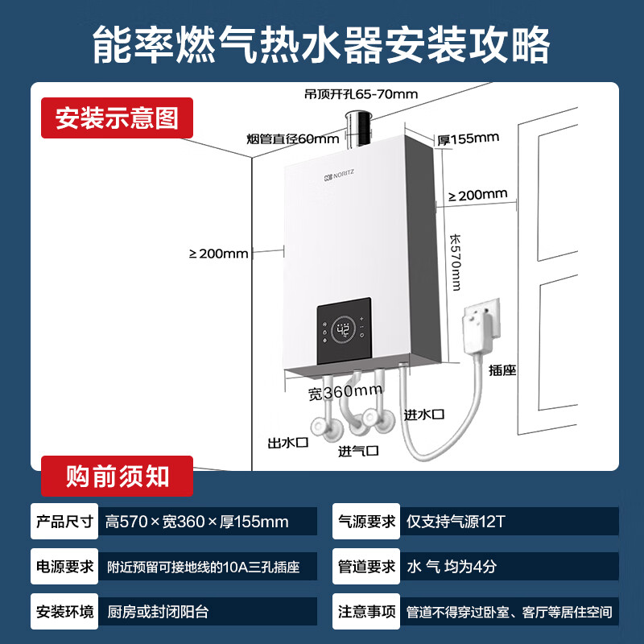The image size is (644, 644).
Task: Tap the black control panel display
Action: click(x=345, y=331)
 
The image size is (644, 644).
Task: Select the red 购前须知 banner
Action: click(x=118, y=476)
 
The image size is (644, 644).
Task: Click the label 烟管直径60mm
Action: click(x=282, y=138)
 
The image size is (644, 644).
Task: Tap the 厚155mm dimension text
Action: click(x=468, y=138)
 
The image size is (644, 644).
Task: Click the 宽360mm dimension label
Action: click(x=345, y=393)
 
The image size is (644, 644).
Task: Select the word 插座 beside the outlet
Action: click(x=502, y=370)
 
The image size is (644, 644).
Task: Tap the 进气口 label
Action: click(x=358, y=450)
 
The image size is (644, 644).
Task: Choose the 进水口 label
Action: click(x=424, y=414)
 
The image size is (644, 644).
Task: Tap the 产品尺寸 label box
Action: click(x=64, y=522)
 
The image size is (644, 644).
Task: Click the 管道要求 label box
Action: click(x=365, y=567)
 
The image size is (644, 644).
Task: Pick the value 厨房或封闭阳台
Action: click(x=158, y=612)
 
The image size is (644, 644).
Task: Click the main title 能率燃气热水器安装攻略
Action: click(x=322, y=43)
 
